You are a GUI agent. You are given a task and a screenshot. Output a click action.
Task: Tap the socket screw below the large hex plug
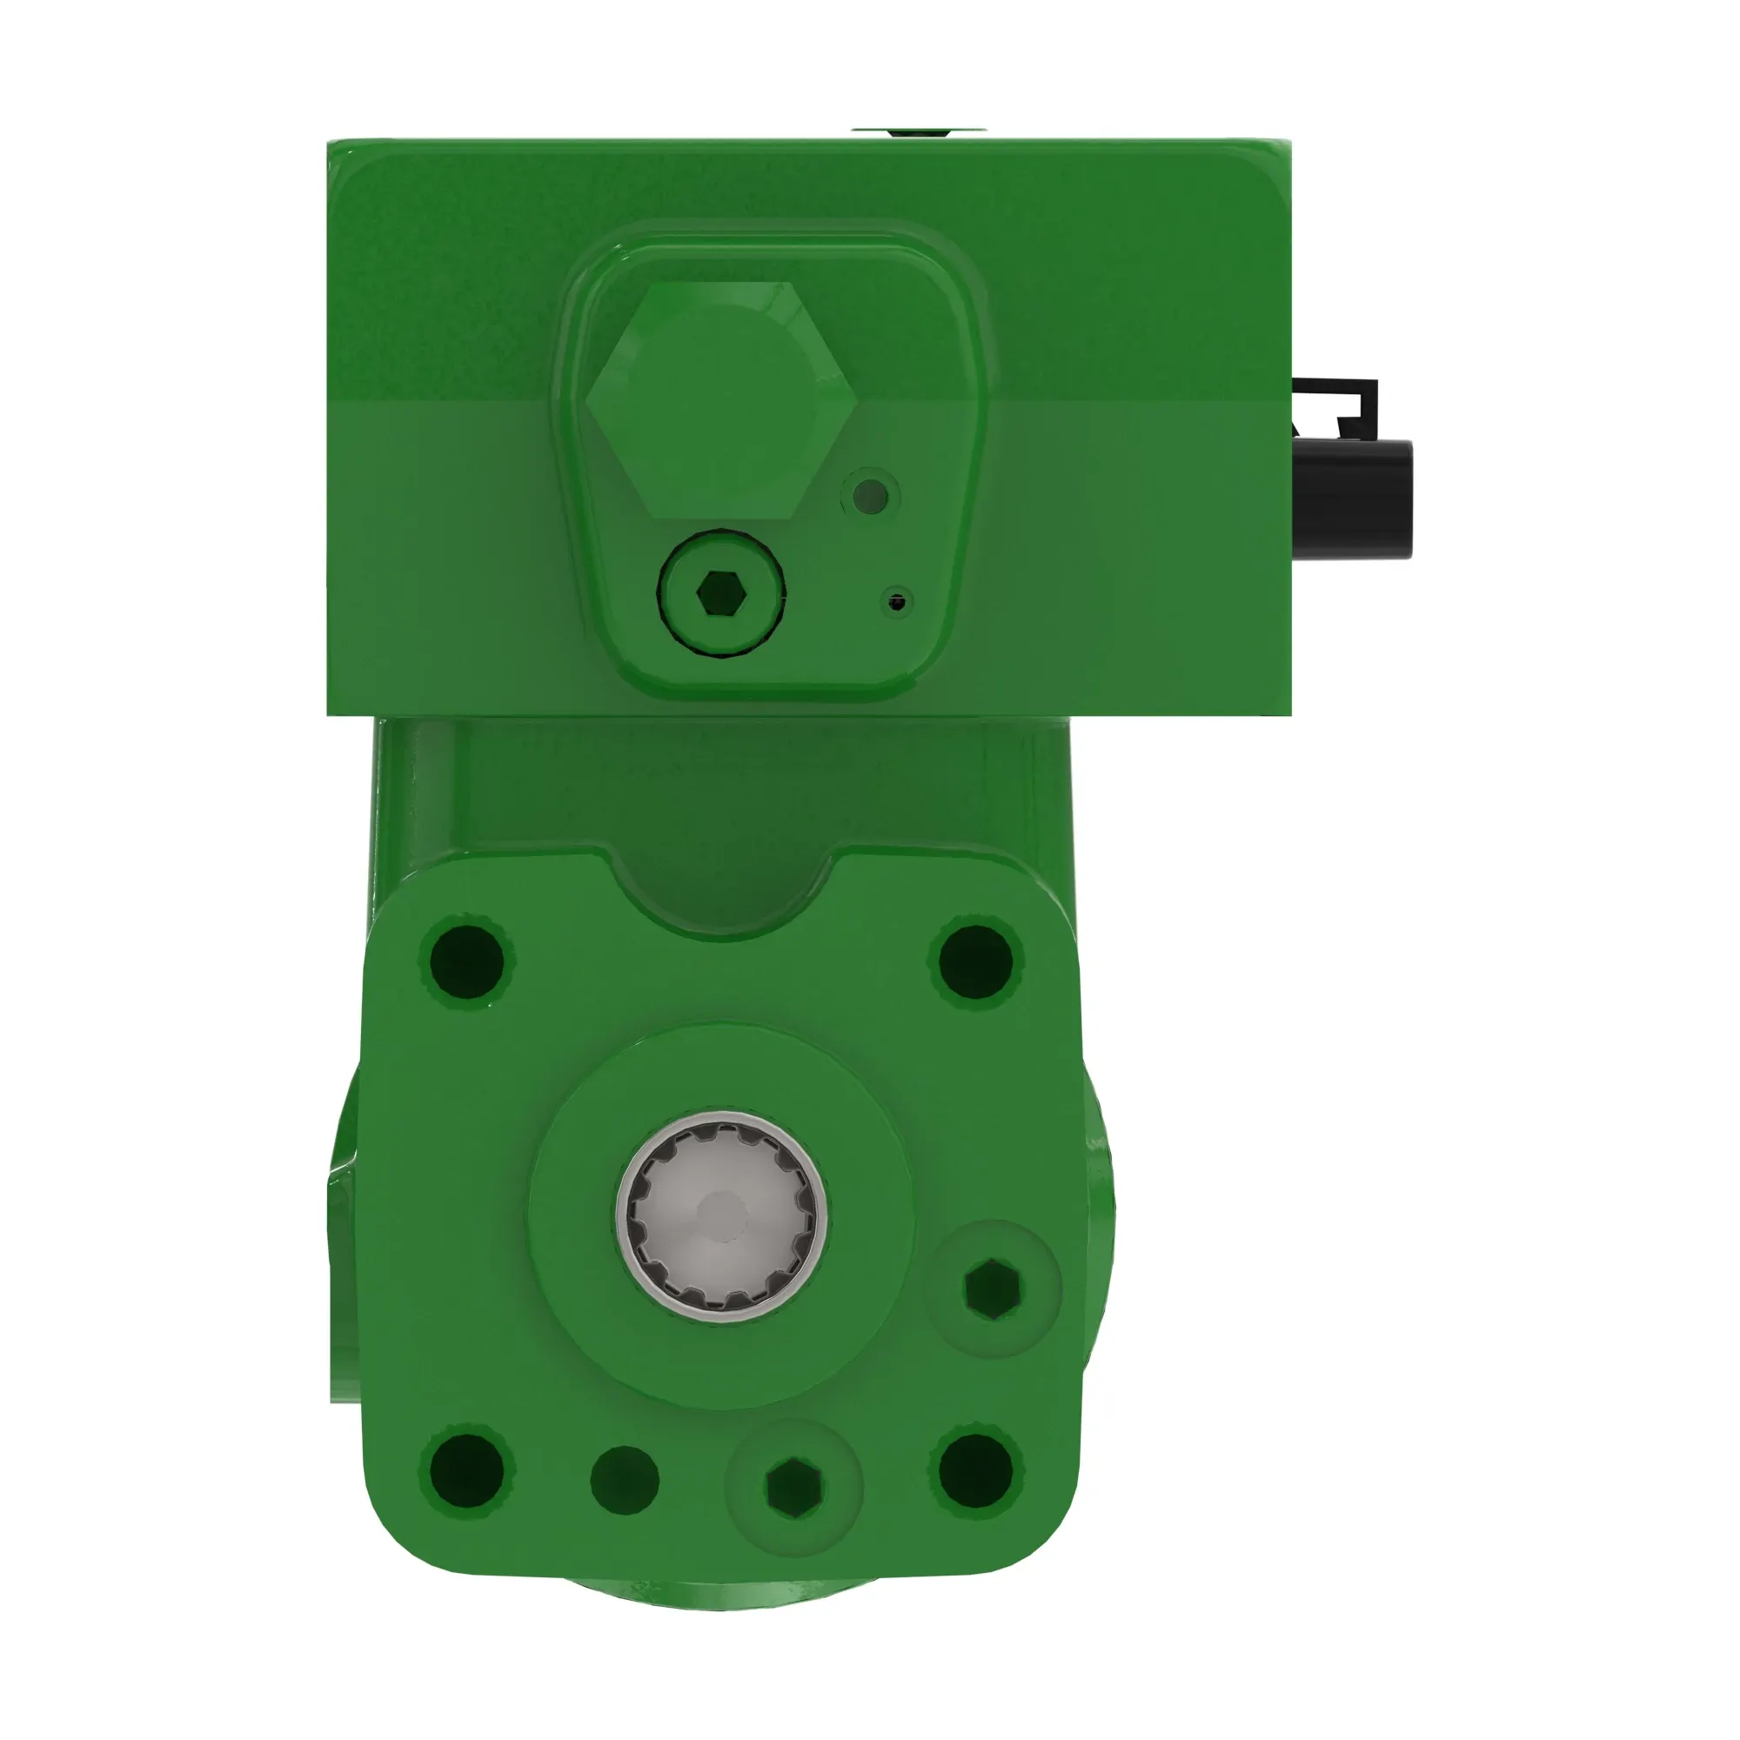[x=719, y=592]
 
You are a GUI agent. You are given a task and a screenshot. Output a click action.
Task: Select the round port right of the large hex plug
[x=870, y=495]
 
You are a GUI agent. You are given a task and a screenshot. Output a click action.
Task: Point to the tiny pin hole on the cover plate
[x=896, y=602]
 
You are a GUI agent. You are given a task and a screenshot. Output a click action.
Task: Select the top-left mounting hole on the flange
[x=465, y=961]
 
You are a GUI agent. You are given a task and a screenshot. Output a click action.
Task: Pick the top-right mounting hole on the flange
[x=975, y=961]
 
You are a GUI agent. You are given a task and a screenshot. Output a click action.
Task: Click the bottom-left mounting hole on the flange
[x=465, y=1472]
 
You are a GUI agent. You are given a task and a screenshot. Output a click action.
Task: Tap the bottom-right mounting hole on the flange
[x=975, y=1472]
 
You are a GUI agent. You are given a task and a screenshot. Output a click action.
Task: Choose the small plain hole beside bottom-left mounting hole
[x=624, y=1479]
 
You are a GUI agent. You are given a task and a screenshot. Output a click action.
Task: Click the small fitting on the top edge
[x=919, y=132]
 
